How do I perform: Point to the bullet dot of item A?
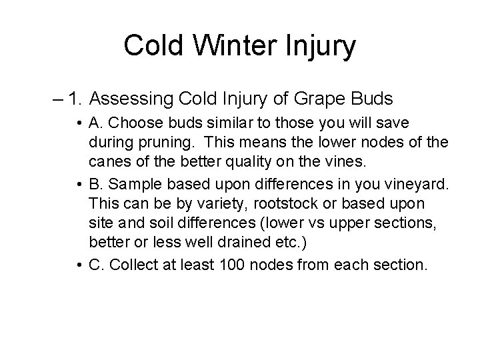[x=78, y=125]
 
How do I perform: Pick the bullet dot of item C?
[x=78, y=265]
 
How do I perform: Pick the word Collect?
[x=141, y=265]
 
